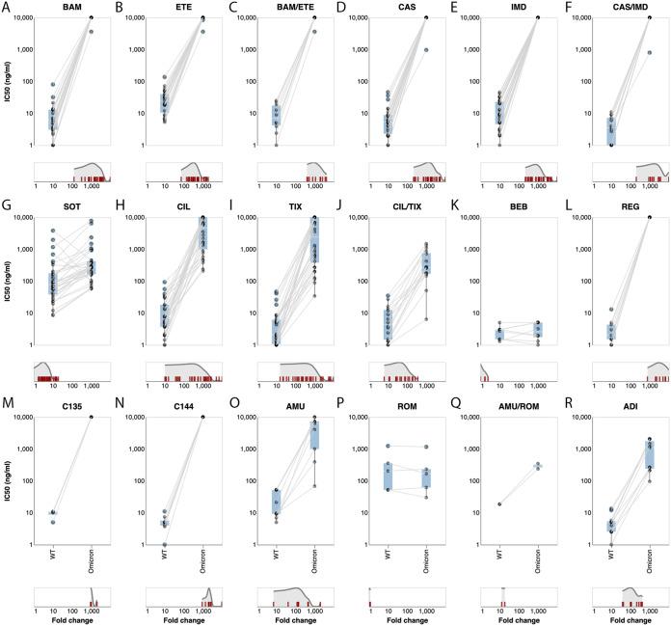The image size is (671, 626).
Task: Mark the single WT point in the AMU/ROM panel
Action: click(x=497, y=504)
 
